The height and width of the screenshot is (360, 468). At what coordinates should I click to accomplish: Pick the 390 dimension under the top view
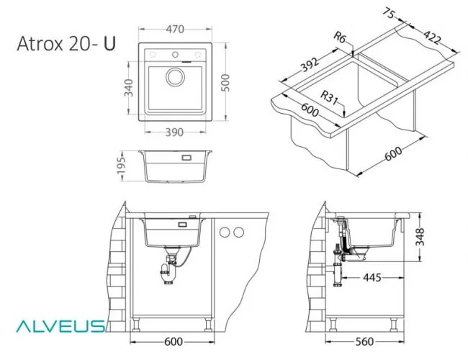174,132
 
